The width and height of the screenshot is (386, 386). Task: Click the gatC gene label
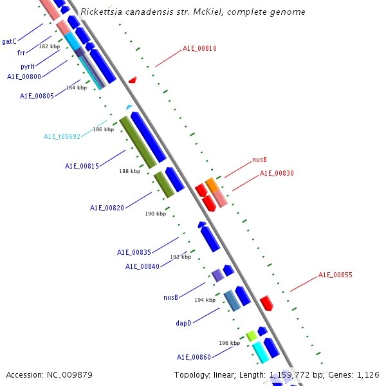pyautogui.click(x=9, y=41)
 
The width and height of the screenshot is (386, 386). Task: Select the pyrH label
pyautogui.click(x=27, y=66)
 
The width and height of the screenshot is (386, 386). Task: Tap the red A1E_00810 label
pyautogui.click(x=199, y=48)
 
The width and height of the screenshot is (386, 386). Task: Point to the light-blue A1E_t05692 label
pyautogui.click(x=62, y=136)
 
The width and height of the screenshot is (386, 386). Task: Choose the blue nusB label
pyautogui.click(x=170, y=297)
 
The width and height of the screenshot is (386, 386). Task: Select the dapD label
pyautogui.click(x=184, y=323)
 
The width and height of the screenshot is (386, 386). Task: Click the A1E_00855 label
pyautogui.click(x=335, y=275)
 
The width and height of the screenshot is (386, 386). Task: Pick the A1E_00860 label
pyautogui.click(x=194, y=356)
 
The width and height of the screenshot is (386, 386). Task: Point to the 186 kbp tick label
pyautogui.click(x=103, y=129)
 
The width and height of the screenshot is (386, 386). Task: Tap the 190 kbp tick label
pyautogui.click(x=155, y=214)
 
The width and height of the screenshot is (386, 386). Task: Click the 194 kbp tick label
pyautogui.click(x=205, y=300)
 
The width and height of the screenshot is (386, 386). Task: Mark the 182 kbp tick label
pyautogui.click(x=49, y=46)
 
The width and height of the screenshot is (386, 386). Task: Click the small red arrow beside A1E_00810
pyautogui.click(x=133, y=80)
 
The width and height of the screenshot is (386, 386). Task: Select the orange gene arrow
pyautogui.click(x=212, y=185)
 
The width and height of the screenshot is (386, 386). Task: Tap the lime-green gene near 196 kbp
pyautogui.click(x=252, y=335)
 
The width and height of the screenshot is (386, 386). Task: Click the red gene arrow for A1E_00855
pyautogui.click(x=266, y=303)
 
